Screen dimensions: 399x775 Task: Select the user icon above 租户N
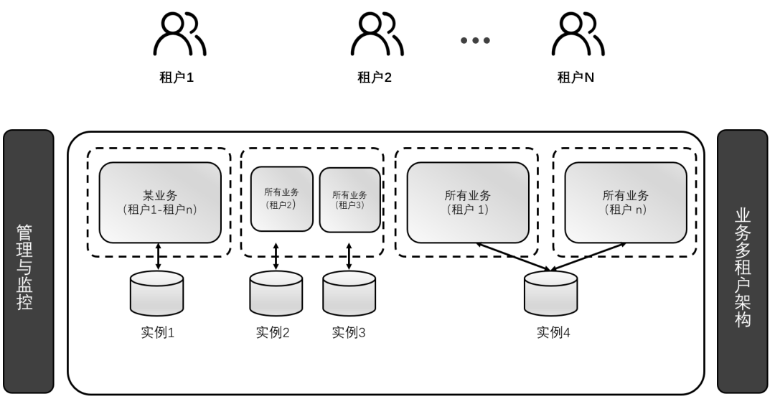coord(578,34)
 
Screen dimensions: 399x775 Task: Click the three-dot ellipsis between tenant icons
coord(475,40)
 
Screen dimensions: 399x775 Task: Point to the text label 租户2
coord(375,78)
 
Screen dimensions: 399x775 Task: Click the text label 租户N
coord(576,78)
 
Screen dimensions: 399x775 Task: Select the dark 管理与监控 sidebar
coord(28,262)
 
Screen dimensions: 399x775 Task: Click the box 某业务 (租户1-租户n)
coord(159,202)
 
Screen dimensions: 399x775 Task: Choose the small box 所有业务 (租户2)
coord(281,199)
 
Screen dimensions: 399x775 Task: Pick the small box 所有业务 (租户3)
coord(349,199)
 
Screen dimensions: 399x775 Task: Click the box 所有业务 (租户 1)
coord(468,202)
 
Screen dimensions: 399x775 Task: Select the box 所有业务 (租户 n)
coord(626,202)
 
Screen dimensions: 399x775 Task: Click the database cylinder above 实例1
coord(156,294)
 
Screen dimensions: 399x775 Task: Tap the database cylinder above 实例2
coord(276,294)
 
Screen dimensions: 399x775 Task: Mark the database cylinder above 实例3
coord(349,294)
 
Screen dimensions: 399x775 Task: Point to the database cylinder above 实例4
coord(550,294)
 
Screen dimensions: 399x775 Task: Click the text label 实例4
coord(553,333)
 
